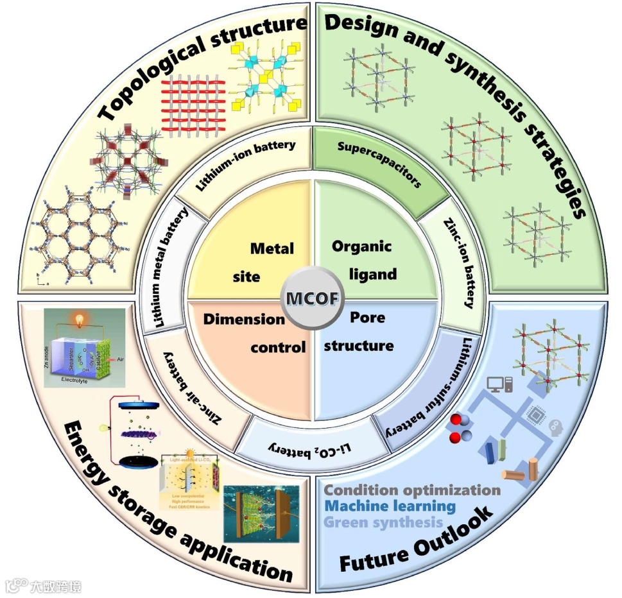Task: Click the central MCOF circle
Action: point(313,299)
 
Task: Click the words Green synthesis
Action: point(383,522)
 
